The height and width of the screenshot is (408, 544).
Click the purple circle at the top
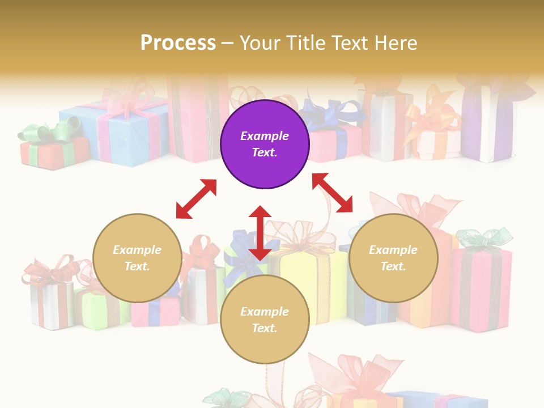click(265, 144)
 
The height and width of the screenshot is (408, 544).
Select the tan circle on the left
click(137, 258)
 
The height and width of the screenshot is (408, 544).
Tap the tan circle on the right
click(393, 258)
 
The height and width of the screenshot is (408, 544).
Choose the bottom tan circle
click(265, 320)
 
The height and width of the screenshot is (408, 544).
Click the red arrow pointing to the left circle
click(196, 199)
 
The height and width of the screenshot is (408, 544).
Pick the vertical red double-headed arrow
click(260, 233)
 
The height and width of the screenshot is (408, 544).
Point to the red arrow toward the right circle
click(332, 193)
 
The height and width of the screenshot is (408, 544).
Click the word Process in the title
click(178, 42)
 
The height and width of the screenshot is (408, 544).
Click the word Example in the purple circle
click(265, 136)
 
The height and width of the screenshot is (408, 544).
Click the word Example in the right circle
click(393, 250)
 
